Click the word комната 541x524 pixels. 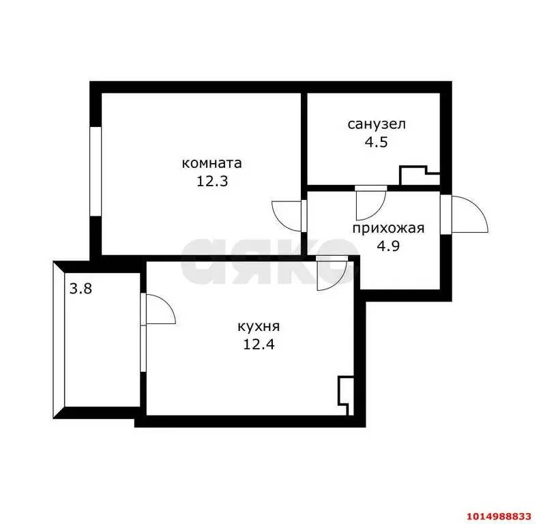tap(211, 164)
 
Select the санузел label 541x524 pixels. tap(377, 125)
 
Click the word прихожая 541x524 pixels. tap(388, 228)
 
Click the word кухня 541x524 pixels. tap(259, 326)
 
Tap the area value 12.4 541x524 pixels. tap(259, 344)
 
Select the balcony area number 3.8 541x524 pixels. tap(80, 289)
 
